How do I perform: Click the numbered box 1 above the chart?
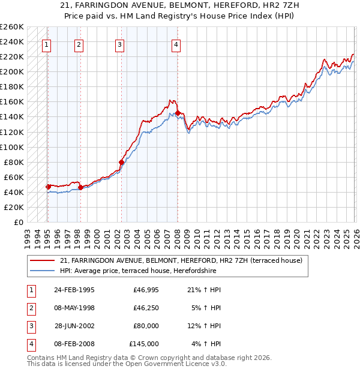47,44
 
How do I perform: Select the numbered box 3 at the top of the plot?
120,44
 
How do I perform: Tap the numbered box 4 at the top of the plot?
176,44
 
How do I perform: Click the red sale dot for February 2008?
178,113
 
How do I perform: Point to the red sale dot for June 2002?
121,162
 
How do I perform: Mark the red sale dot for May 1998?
80,187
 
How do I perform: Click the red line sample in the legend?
43,260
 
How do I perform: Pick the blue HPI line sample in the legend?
43,271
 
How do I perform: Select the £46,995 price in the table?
146,290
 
